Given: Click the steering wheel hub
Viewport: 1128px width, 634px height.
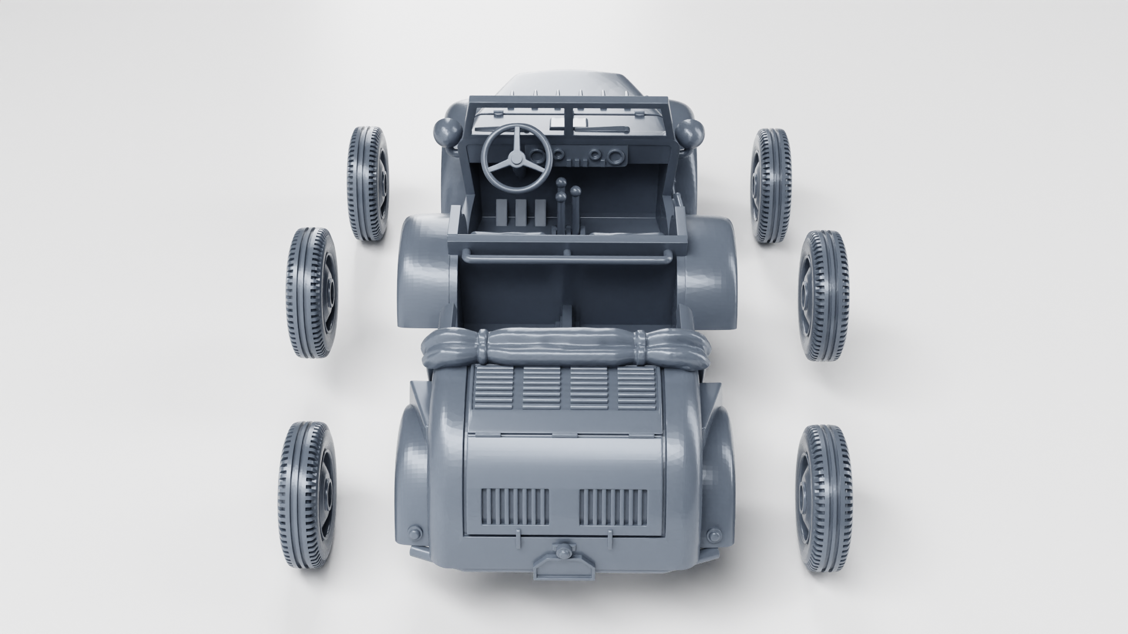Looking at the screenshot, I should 516,159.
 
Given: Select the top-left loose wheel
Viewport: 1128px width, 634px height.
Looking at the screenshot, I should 368,184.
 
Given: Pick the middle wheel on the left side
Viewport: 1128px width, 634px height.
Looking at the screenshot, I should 311,292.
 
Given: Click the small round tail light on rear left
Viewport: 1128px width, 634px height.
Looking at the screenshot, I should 415,532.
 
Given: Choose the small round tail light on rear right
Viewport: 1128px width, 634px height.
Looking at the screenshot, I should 714,534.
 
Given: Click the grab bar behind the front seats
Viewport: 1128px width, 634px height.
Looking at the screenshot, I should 567,254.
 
